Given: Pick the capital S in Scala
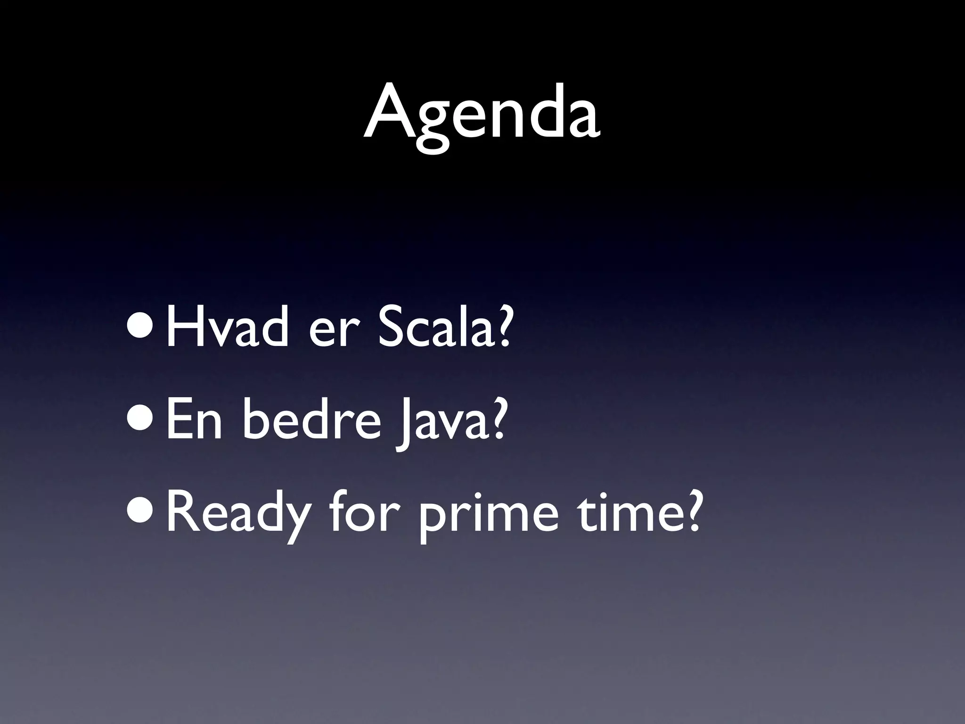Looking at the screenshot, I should pyautogui.click(x=389, y=325).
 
